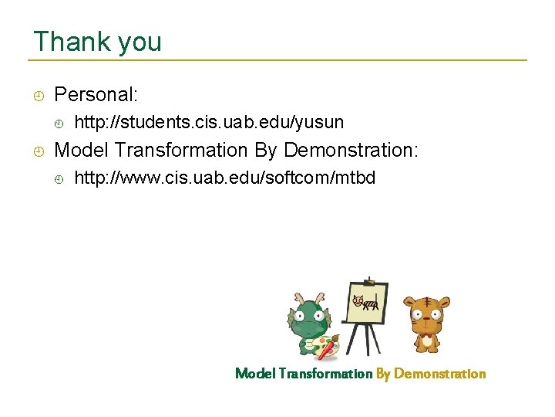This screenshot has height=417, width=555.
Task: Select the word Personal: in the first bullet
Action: click(96, 95)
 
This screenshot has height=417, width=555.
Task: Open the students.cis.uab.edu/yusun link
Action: click(209, 123)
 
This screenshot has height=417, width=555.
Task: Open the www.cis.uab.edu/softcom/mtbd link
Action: click(224, 178)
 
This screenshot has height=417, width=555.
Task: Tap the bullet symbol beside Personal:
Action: click(38, 96)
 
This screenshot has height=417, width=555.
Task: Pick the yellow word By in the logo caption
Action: click(383, 374)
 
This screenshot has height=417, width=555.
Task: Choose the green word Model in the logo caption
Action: click(254, 374)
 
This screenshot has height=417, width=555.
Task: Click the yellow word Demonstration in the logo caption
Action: click(440, 374)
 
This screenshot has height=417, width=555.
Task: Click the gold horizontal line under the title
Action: click(277, 60)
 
